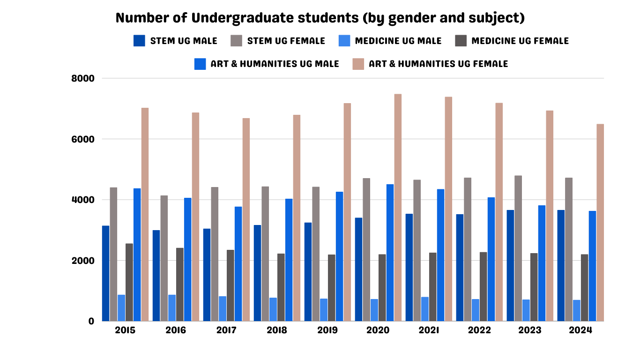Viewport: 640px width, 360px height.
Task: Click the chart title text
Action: [320, 18]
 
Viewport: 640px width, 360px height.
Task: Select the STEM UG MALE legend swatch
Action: [140, 41]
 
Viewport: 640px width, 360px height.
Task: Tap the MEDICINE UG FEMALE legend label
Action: [520, 41]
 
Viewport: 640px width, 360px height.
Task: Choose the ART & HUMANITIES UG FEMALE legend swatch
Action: [358, 64]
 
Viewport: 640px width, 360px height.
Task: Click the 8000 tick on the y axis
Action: [82, 78]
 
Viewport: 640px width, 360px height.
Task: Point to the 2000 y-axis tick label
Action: [82, 261]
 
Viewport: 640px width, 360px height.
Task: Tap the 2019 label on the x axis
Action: [327, 330]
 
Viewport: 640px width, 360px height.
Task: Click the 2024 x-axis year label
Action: [580, 330]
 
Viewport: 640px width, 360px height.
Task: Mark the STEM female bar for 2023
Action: [518, 248]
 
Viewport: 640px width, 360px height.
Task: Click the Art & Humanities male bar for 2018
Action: [289, 260]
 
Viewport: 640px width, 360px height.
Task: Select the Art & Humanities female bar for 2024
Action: [600, 223]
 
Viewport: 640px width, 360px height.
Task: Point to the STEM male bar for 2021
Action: [409, 267]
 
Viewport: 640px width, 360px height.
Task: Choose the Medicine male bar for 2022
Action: [476, 310]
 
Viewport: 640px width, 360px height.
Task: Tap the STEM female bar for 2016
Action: [164, 258]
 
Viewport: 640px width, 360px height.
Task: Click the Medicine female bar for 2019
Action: [332, 288]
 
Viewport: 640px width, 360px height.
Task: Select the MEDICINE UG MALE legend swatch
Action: [344, 41]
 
